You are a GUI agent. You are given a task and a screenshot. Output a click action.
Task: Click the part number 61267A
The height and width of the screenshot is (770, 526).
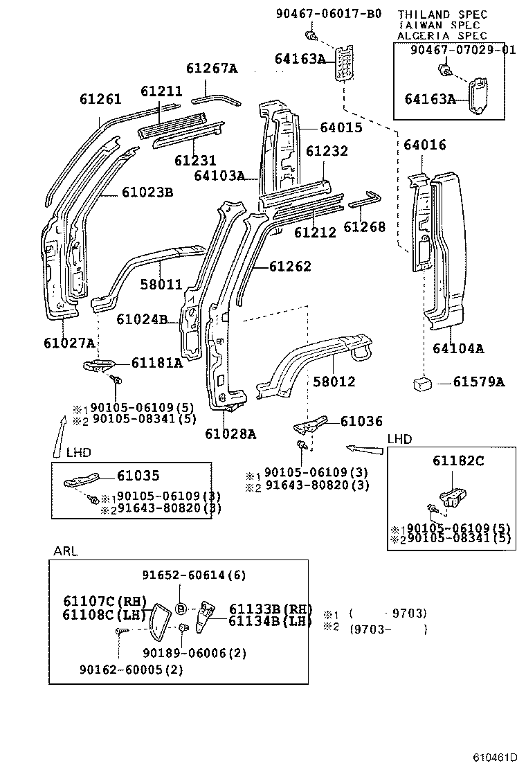(211, 68)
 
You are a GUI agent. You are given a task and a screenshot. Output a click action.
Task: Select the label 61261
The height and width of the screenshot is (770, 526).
(100, 99)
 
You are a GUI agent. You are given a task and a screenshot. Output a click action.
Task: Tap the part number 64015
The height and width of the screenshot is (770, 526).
(341, 127)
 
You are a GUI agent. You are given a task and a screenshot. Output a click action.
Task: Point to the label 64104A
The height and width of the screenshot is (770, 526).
(458, 348)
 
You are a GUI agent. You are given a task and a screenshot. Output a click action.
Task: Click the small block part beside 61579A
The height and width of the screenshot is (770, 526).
(421, 382)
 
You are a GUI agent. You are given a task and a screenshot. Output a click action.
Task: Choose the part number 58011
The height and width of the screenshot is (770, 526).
(161, 285)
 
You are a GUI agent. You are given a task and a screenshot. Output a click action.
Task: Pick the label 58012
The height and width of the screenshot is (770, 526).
(334, 382)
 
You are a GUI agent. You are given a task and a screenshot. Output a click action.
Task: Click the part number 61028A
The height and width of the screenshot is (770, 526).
(230, 434)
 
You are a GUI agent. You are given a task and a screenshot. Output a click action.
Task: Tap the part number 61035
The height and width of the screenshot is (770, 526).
(138, 475)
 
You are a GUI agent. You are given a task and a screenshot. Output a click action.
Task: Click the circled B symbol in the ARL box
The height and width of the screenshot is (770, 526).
(181, 609)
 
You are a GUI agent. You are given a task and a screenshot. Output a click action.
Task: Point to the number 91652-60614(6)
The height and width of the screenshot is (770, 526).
(184, 575)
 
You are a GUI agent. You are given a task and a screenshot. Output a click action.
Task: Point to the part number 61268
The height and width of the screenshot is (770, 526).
(364, 226)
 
